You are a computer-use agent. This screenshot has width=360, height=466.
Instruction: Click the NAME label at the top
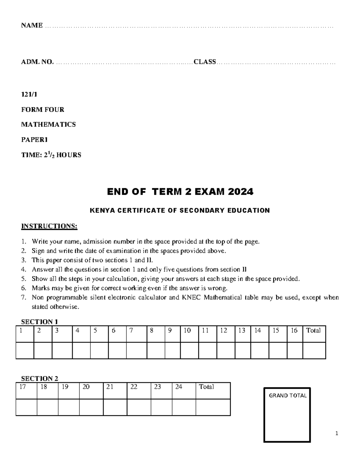point(32,26)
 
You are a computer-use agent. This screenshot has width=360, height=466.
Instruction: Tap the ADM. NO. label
point(37,62)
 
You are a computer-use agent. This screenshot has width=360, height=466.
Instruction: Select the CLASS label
point(205,62)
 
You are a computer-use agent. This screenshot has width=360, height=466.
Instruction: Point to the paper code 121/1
point(29,95)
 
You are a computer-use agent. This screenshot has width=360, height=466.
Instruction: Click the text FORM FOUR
point(43,110)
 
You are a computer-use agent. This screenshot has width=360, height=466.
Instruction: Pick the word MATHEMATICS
point(48,125)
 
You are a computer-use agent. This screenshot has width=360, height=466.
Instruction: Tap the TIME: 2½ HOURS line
point(51,155)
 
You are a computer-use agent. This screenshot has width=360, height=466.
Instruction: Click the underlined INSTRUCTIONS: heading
point(49,226)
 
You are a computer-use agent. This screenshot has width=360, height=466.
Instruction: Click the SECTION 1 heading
point(40,322)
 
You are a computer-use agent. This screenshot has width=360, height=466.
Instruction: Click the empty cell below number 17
point(26,407)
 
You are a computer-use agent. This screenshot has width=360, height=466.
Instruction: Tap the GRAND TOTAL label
point(288,396)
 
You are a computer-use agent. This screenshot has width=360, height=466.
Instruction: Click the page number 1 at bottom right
point(337,433)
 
